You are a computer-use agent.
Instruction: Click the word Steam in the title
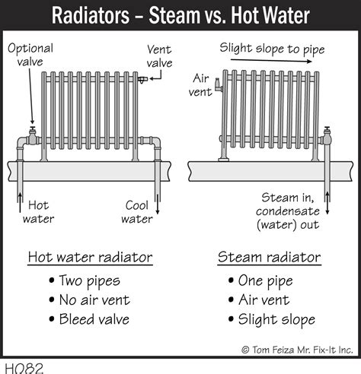(x=174, y=15)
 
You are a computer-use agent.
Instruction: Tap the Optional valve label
(x=30, y=55)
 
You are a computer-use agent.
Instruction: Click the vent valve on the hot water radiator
(x=142, y=80)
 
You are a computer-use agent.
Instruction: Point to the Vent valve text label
(x=159, y=56)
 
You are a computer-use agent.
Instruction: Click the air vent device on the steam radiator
(x=219, y=84)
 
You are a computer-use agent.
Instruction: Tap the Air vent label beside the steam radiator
(x=200, y=85)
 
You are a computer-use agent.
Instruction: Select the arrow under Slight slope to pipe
(x=271, y=61)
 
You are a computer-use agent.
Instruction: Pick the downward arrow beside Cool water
(x=158, y=204)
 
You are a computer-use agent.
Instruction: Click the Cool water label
(x=137, y=212)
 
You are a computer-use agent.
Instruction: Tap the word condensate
(x=288, y=211)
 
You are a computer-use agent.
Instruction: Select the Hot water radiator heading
(x=90, y=257)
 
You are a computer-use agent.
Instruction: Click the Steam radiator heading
(x=270, y=257)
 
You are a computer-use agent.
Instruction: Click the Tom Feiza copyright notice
(x=297, y=350)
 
